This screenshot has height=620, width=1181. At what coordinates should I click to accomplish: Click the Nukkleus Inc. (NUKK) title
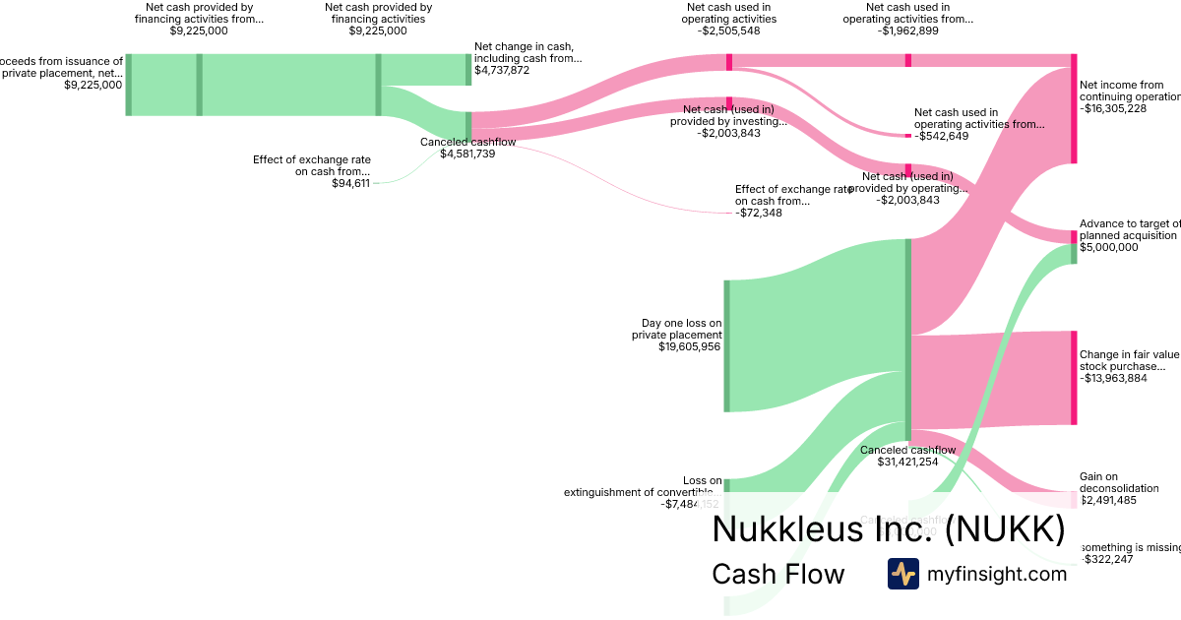888,529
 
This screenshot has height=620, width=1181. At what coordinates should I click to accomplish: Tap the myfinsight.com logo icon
902,574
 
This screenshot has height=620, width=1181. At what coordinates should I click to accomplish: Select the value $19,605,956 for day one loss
689,347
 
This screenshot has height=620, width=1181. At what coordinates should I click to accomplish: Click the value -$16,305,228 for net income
1113,109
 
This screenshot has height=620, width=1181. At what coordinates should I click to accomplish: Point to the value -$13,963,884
1113,378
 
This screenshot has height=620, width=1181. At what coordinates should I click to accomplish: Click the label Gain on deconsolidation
1119,482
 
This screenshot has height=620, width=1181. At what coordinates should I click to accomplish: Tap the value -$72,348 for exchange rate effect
759,213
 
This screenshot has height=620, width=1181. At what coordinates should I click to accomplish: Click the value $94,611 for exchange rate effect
350,183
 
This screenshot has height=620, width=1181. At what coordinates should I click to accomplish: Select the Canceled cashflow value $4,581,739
467,154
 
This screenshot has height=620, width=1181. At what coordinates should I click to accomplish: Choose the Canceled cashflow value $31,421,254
907,463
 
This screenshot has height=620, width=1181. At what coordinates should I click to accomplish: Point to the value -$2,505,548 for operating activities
729,31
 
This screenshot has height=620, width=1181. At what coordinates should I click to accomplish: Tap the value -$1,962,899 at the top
907,31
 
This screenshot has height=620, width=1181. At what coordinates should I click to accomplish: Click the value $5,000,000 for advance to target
1109,248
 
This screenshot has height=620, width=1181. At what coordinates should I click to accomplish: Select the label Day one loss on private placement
681,329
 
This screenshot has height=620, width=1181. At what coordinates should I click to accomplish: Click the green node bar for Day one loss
726,345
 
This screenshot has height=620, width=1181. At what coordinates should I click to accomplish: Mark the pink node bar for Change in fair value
1074,378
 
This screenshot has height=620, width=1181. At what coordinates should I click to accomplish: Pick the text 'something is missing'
1130,547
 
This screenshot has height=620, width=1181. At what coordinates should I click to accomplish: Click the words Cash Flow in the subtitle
777,575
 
